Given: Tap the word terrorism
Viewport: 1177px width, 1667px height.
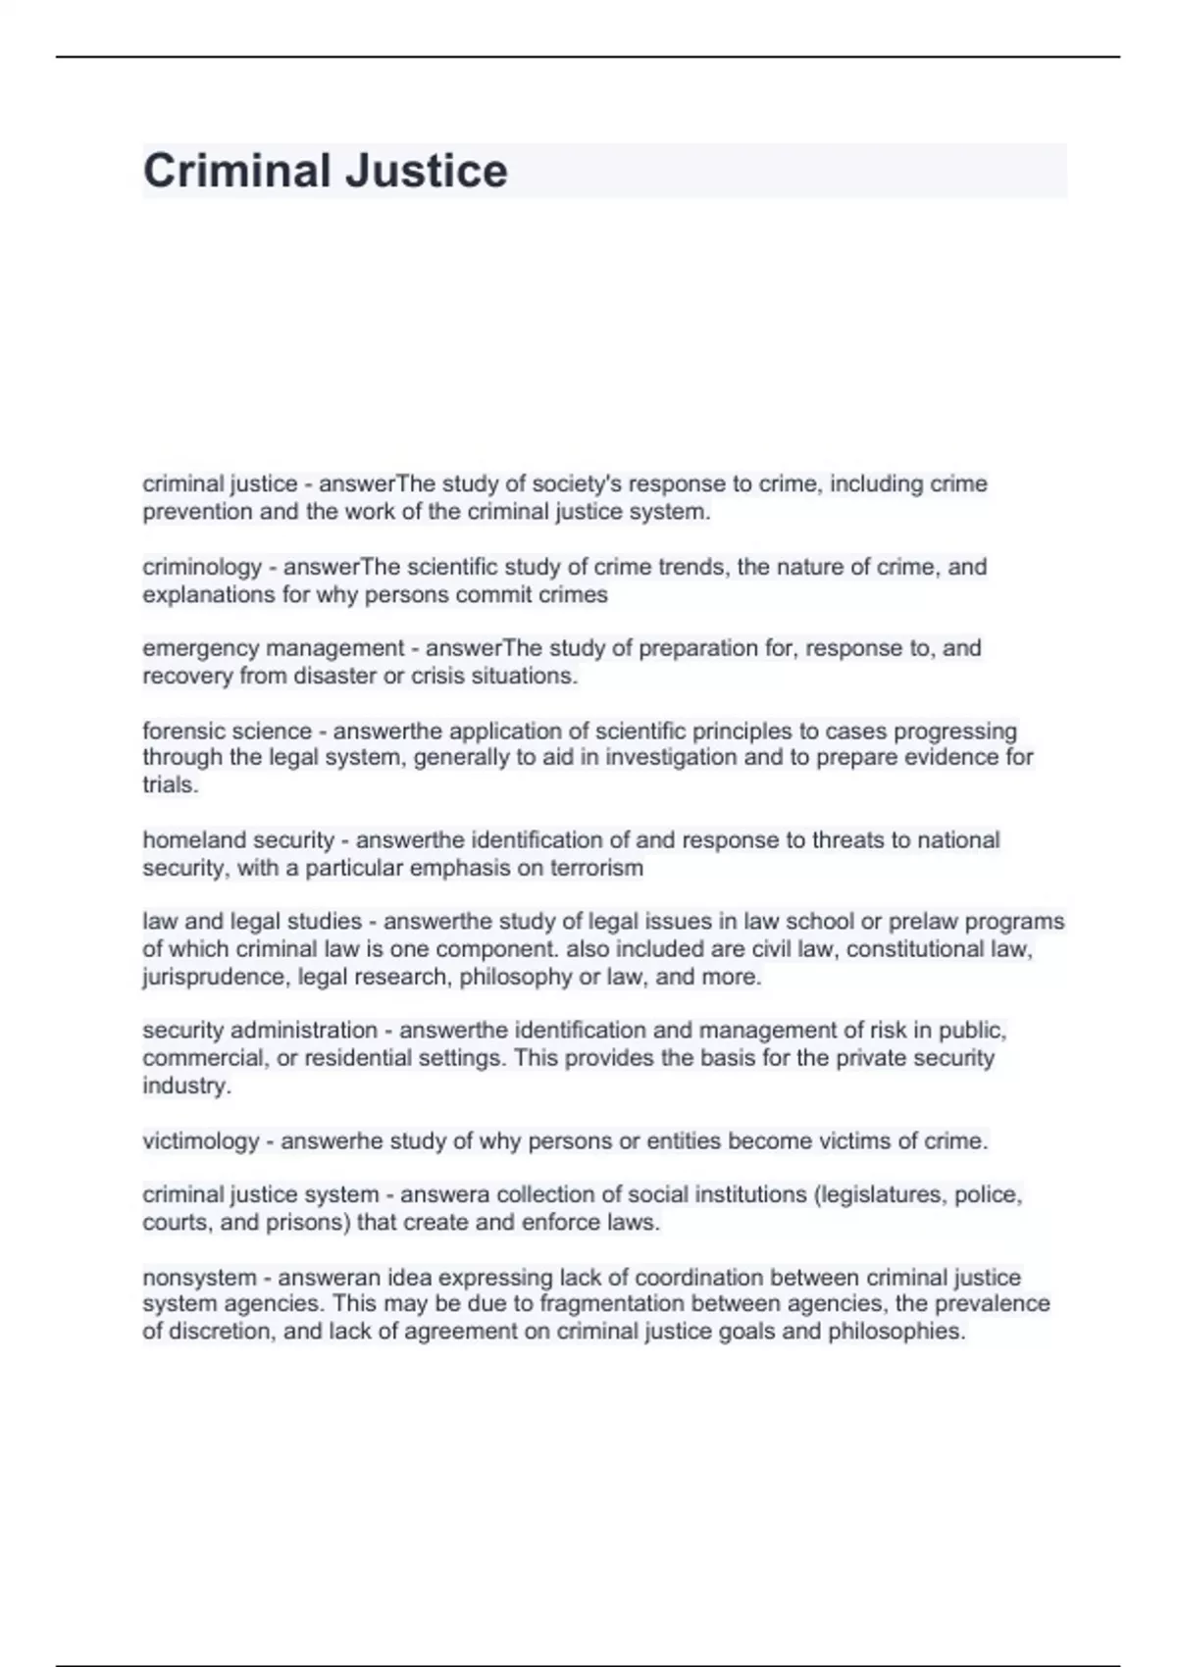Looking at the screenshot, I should pos(598,868).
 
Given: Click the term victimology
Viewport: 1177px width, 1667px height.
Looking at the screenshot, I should pos(201,1140).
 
